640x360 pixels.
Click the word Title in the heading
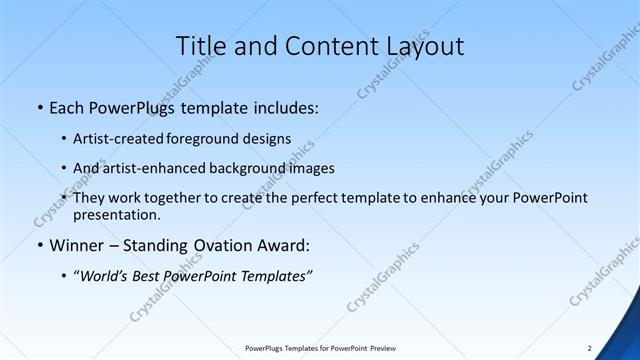click(x=200, y=46)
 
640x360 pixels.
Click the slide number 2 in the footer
click(x=589, y=348)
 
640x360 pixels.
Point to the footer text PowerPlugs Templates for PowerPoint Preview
click(x=320, y=348)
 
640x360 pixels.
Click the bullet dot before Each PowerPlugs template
click(x=38, y=107)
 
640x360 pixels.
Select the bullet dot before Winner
click(x=38, y=245)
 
